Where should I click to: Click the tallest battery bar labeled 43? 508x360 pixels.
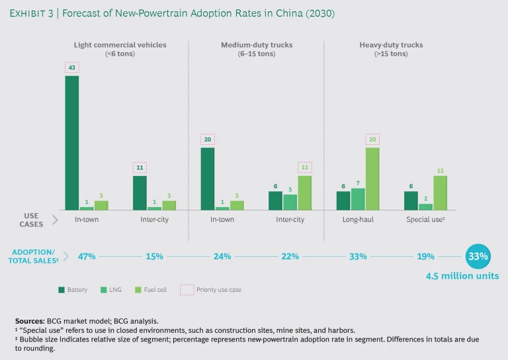(71, 142)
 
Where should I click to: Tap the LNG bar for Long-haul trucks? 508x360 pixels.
(358, 199)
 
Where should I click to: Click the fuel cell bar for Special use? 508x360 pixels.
(441, 193)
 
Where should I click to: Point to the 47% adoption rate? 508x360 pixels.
(87, 256)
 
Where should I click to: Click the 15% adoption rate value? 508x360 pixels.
(154, 256)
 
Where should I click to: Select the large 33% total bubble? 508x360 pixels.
(478, 256)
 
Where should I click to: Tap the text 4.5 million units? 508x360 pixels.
(462, 276)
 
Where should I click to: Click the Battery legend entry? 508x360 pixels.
(73, 290)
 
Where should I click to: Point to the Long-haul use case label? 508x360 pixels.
(358, 219)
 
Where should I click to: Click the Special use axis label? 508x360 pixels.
(425, 219)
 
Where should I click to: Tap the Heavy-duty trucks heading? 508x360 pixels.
(391, 45)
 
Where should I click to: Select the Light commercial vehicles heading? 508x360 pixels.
(120, 45)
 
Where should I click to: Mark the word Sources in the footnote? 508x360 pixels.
(29, 320)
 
